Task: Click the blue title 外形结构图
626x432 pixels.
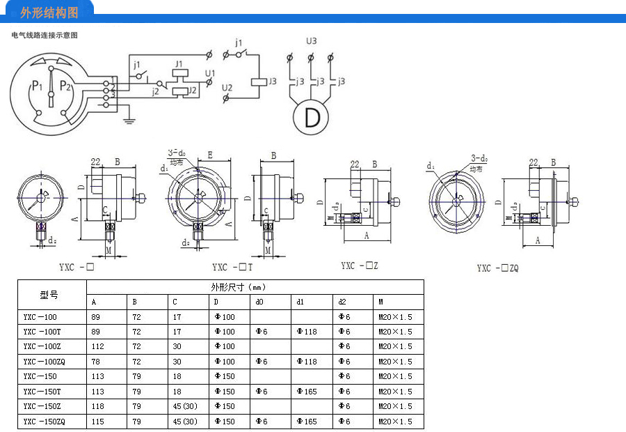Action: click(49, 13)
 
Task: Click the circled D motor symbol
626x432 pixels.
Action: click(312, 116)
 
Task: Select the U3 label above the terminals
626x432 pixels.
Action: click(312, 41)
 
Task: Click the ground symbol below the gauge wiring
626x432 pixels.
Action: click(128, 121)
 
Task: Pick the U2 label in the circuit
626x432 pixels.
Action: click(227, 87)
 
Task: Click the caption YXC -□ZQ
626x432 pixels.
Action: click(497, 268)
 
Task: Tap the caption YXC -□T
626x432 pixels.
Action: click(232, 267)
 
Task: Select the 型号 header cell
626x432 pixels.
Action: click(50, 294)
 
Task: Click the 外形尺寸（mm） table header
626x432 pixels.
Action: click(239, 287)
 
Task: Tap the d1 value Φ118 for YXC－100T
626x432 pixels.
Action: click(306, 332)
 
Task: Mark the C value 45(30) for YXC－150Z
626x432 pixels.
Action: click(185, 406)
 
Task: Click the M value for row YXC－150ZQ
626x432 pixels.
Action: click(395, 421)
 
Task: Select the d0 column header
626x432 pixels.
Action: click(259, 302)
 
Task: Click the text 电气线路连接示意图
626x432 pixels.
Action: click(45, 35)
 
